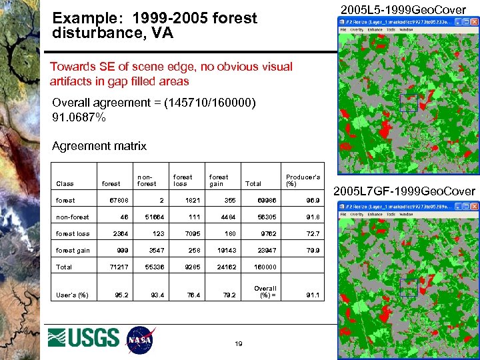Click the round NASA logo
pos(141,339)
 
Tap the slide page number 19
pos(238,343)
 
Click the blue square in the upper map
pos(408,102)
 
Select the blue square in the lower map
pos(408,287)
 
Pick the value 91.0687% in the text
pos(79,117)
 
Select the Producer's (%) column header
pos(303,180)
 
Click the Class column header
pos(65,183)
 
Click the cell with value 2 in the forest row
pos(161,200)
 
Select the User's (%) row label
pos(72,295)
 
